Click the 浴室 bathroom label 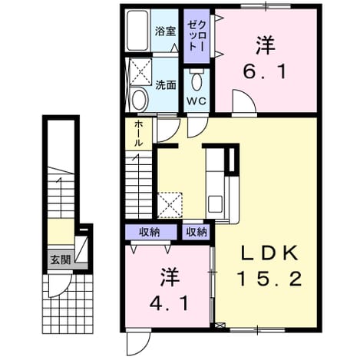pos(165,31)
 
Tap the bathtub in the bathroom pos(137,31)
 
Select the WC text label pos(197,101)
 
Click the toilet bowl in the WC pos(197,81)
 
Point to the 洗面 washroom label pos(166,85)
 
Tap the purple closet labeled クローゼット pos(197,36)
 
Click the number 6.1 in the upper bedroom pos(265,71)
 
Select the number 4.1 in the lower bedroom pos(169,304)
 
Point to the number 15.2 pos(269,279)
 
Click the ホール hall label pos(138,133)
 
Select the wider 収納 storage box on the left pos(151,232)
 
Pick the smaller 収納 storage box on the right pos(196,232)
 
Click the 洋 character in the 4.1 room pos(170,277)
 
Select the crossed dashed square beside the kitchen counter pos(170,205)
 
